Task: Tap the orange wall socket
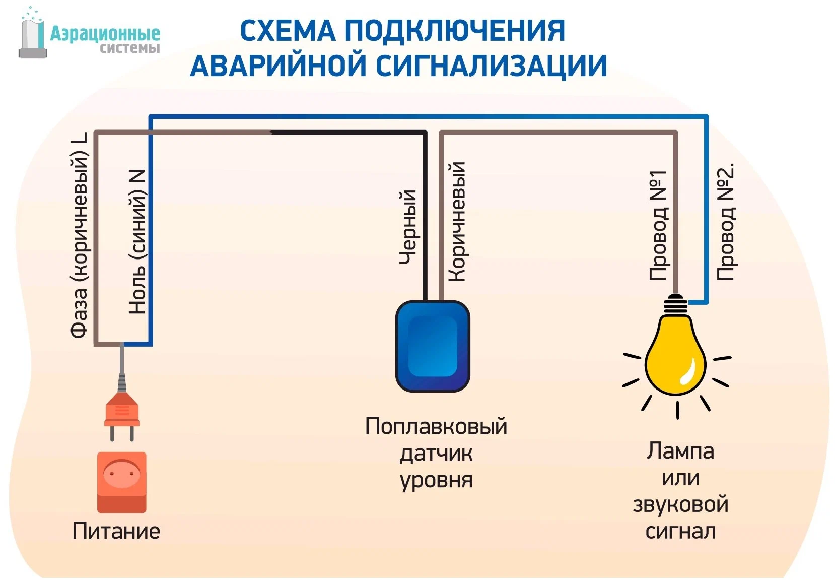tap(122, 482)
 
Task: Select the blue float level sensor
tap(433, 347)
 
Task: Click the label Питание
tap(116, 531)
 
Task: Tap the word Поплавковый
tap(436, 426)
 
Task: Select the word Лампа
tap(680, 451)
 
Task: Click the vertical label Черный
tap(408, 227)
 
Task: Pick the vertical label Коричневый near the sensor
tap(457, 222)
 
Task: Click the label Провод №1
tap(658, 225)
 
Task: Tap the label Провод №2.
tap(726, 222)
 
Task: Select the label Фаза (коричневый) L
tap(79, 235)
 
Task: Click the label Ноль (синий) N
tap(137, 242)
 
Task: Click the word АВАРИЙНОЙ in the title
tap(280, 66)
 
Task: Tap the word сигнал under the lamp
tap(680, 532)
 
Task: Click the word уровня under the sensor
tap(436, 480)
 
